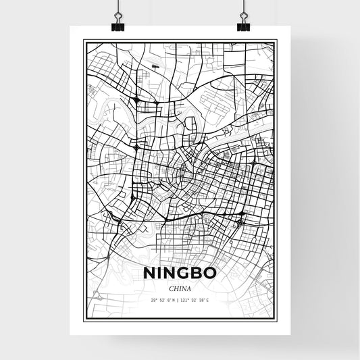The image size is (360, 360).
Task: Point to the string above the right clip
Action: point(243,5)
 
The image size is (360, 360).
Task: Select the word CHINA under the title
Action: point(180,286)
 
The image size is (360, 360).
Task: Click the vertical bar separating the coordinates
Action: point(178,299)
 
